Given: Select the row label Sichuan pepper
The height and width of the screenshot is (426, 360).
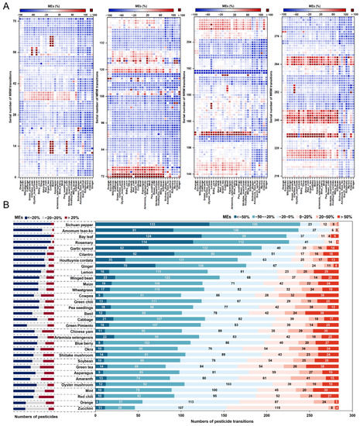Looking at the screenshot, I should [74, 224].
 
